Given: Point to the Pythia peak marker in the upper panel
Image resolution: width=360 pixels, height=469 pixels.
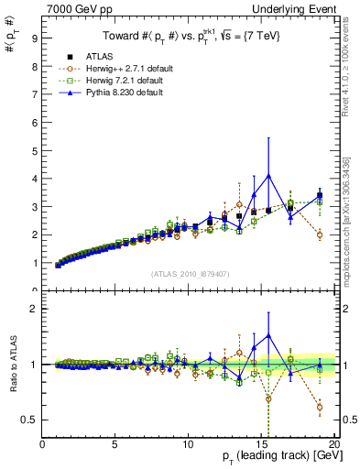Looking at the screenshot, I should point(268,175).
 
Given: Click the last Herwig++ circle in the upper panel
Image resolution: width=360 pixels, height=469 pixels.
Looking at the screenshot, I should point(319,234).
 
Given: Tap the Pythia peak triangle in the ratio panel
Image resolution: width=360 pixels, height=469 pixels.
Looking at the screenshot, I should point(268,336).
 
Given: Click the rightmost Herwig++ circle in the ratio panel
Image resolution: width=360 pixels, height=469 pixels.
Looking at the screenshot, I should point(319,408).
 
